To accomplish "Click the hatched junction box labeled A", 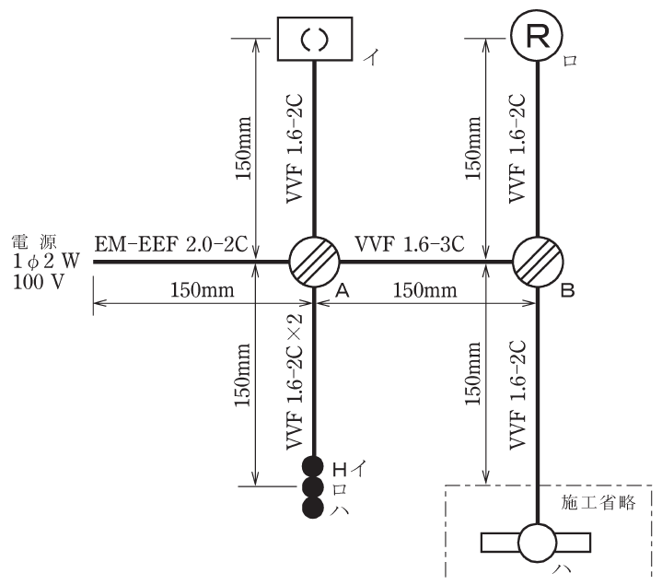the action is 314,262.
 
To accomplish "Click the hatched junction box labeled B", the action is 538,262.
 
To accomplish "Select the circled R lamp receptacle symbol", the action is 537,36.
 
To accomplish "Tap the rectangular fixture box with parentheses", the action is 315,39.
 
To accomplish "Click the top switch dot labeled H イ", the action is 313,467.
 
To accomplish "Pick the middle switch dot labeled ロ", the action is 313,487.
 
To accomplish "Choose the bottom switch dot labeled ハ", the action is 313,507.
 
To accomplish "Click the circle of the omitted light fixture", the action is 537,544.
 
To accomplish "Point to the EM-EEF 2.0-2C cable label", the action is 170,244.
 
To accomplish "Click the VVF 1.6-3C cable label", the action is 410,244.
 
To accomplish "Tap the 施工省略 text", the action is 598,503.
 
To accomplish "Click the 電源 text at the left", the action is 34,242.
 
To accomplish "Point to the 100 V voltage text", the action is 39,282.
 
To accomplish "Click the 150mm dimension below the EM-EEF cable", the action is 202,290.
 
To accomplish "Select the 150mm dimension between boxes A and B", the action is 424,290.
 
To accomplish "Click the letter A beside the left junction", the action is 343,290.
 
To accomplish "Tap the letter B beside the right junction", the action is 568,290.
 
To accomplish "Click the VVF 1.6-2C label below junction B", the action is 517,394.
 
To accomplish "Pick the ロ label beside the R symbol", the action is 570,61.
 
